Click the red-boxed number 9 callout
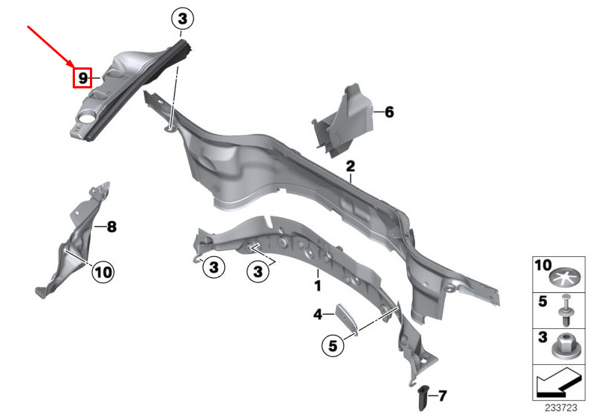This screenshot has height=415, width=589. pos(82,78)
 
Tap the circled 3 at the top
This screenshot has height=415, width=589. pos(183,19)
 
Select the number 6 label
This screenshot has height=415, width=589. pos(389,112)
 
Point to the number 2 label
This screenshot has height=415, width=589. pos(350,166)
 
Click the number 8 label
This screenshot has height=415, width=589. pos(112,227)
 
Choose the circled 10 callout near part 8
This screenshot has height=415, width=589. pos(103,271)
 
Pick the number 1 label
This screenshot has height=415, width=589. pos(318,285)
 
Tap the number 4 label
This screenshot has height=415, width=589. pos(318,315)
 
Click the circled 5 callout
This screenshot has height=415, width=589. pos(333,345)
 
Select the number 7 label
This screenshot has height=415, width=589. pos(442,396)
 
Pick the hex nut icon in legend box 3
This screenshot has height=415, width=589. pos(564,347)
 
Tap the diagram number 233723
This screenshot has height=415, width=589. pos(561,408)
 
